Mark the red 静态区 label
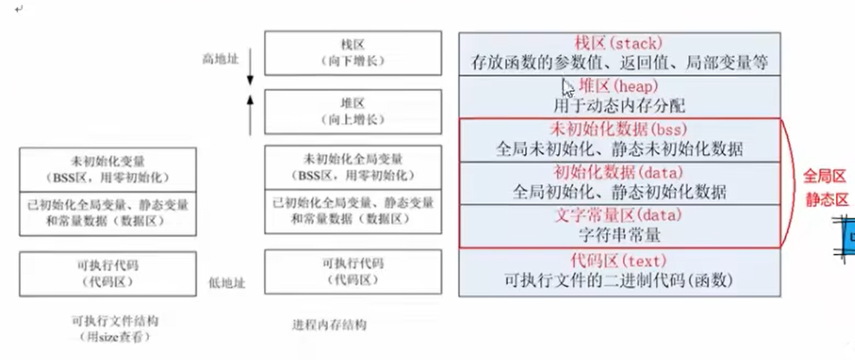(825, 200)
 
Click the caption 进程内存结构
(329, 325)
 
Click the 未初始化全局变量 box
(349, 166)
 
